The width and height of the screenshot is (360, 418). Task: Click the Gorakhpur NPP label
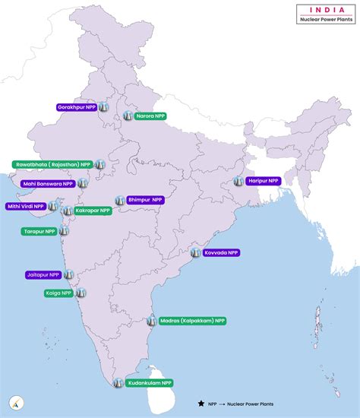(77, 108)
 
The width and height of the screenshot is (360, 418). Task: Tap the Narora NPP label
(150, 116)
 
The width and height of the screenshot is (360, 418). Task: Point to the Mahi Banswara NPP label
(47, 183)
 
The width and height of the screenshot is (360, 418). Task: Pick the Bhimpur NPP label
(145, 200)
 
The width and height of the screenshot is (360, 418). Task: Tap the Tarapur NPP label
(39, 231)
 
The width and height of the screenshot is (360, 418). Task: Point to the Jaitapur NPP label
(43, 274)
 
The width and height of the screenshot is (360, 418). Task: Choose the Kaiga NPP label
(58, 292)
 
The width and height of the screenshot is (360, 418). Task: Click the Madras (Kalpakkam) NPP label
(192, 321)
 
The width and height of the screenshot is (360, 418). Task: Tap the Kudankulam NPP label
(149, 383)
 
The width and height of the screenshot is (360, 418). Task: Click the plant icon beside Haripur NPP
(239, 181)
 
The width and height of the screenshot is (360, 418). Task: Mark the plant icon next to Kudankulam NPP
(118, 382)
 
